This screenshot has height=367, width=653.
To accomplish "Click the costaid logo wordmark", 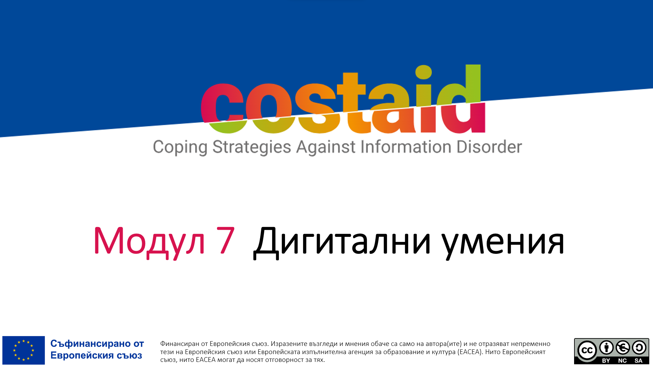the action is pos(343,99).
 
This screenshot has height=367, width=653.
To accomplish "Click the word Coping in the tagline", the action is pos(180,147).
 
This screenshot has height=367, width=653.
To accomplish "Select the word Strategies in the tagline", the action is pos(252,147).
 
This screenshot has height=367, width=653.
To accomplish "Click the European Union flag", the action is pos(23,350).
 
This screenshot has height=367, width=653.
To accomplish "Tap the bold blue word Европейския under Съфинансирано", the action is pos(82,355).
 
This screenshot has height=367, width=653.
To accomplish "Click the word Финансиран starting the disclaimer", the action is pos(180,344).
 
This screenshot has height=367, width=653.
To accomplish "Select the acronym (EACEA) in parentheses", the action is pos(470,352).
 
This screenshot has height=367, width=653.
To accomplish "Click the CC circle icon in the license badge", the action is pos(587,350).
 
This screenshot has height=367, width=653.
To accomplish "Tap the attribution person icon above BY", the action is pos(606,348).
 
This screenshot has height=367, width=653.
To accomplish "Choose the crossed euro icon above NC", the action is pos(623,348).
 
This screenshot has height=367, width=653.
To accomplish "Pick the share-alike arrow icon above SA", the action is pos(639,348).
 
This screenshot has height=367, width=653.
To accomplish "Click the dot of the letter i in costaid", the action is pos(423,72).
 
